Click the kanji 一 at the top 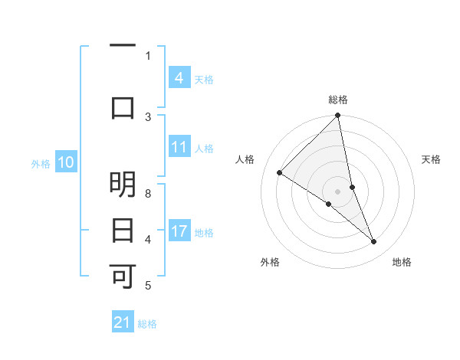123,47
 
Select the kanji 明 123,185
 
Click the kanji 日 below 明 123,230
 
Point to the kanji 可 123,276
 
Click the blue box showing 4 179,77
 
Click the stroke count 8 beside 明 148,193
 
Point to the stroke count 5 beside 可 148,286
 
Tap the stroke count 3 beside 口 148,116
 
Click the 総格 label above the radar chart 338,100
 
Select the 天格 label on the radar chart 432,159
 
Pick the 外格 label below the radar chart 270,262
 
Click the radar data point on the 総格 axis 338,116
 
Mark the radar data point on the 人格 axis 280,172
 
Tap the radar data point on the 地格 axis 374,242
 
